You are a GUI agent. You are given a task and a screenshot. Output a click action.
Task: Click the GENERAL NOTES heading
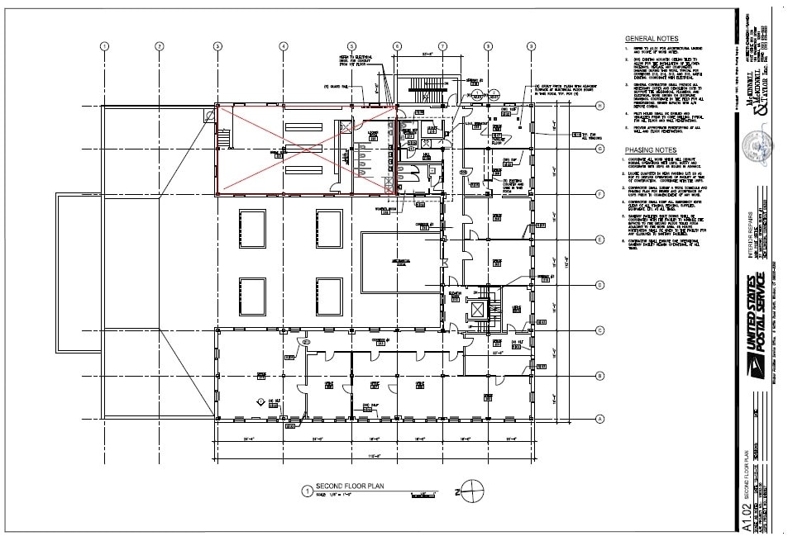pyautogui.click(x=652, y=39)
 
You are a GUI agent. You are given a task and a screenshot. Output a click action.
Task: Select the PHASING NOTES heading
pyautogui.click(x=652, y=149)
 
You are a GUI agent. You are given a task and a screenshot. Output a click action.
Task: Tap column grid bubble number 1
pyautogui.click(x=105, y=46)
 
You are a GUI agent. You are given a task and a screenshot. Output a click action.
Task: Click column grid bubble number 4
pyautogui.click(x=284, y=46)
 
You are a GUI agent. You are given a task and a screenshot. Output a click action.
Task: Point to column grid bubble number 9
pyautogui.click(x=531, y=46)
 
